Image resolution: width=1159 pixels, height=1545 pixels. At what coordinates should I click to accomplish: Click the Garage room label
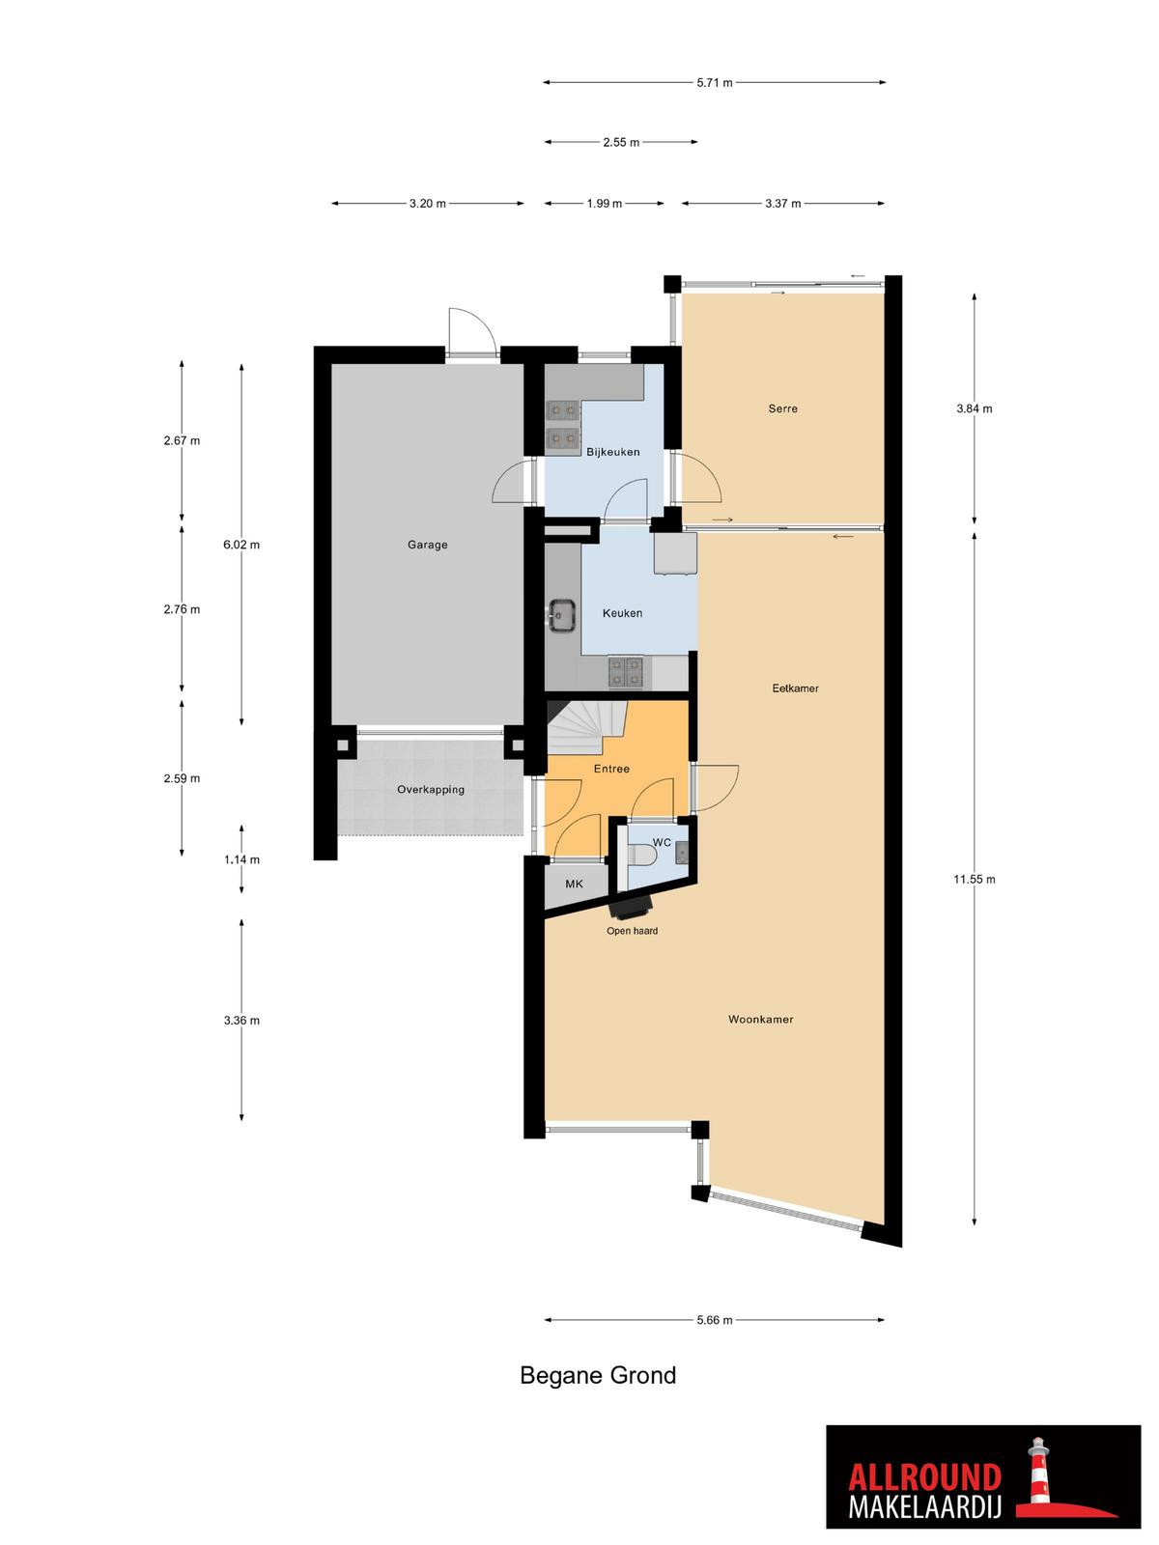coord(427,545)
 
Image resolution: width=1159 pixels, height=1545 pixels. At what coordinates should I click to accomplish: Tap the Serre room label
coord(782,408)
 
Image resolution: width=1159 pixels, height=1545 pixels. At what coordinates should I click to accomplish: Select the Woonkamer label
coord(761,1019)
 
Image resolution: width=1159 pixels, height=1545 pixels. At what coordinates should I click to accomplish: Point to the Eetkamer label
coord(795,688)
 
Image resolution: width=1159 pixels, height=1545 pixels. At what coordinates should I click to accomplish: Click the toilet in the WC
coord(641,855)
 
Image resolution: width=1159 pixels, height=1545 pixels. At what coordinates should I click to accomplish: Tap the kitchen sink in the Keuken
coord(562,615)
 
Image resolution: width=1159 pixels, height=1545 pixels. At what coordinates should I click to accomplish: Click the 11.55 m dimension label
coord(974,879)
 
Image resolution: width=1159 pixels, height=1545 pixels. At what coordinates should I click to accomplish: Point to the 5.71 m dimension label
coord(715,82)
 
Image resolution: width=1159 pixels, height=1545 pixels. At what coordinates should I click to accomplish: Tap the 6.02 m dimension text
coord(241,545)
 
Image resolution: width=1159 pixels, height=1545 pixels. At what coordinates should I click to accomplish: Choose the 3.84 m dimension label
coord(974,408)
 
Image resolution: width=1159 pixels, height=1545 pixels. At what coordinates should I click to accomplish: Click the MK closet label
coord(575,884)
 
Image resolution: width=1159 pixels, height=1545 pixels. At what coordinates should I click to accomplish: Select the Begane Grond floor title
coord(598,1375)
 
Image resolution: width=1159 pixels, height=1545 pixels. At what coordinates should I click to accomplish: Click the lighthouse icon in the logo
coord(1038,1474)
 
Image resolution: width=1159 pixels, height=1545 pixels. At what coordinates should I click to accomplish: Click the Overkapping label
coord(431,790)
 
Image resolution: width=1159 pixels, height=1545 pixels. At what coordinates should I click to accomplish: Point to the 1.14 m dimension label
coord(241,859)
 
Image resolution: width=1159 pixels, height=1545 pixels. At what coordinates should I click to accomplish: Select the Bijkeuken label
coord(613,452)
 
